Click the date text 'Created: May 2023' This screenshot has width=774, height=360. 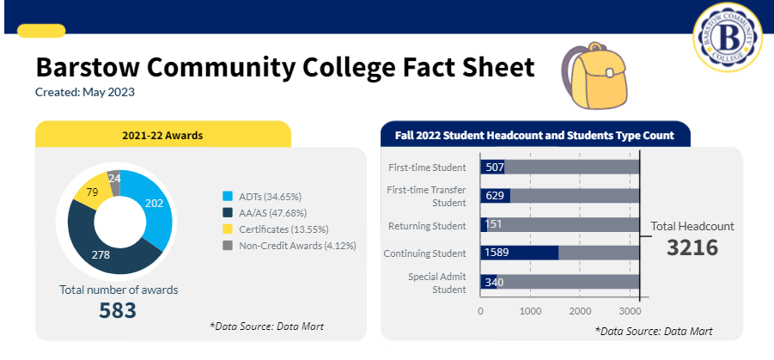click(x=85, y=92)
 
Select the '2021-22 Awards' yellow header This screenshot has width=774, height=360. click(x=162, y=135)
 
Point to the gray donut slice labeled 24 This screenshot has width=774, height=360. click(x=113, y=178)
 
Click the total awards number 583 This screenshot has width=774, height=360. click(x=119, y=310)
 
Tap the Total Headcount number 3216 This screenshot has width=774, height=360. click(x=692, y=248)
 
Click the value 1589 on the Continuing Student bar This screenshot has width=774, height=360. click(x=498, y=253)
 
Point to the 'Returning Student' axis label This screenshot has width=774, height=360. click(x=427, y=225)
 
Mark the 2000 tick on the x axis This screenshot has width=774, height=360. click(x=580, y=311)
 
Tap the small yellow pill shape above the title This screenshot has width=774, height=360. click(x=41, y=31)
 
